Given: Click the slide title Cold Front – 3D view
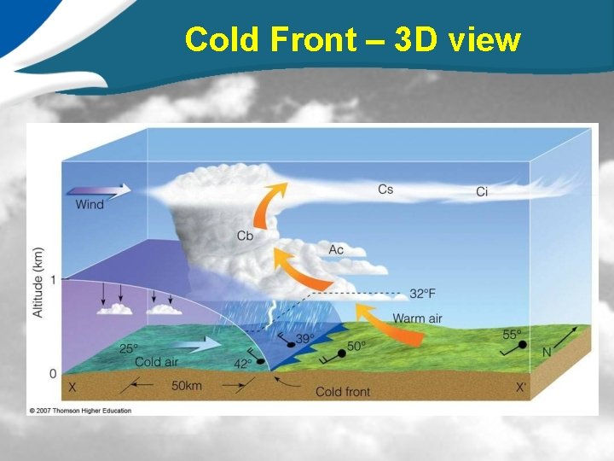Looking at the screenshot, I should [x=352, y=39].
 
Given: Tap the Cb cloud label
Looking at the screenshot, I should [x=245, y=236].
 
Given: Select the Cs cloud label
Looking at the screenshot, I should [x=385, y=189].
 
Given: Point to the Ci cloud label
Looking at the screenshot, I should [x=482, y=192].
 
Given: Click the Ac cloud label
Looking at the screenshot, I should [x=336, y=249].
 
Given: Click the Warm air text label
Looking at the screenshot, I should [x=417, y=319].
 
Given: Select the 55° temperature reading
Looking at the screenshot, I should [x=512, y=335].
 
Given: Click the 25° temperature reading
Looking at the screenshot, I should [x=130, y=349].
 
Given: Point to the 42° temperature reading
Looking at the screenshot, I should [x=243, y=364].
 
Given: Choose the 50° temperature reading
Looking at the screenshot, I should [x=356, y=346].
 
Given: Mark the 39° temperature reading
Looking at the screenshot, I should [x=304, y=339].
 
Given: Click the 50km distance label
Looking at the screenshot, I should [x=187, y=387].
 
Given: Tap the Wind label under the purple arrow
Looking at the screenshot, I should [x=90, y=205].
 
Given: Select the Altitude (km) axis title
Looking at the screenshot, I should [x=38, y=283].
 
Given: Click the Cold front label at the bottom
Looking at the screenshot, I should [x=342, y=392].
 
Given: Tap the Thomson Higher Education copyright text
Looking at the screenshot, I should [x=80, y=411].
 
